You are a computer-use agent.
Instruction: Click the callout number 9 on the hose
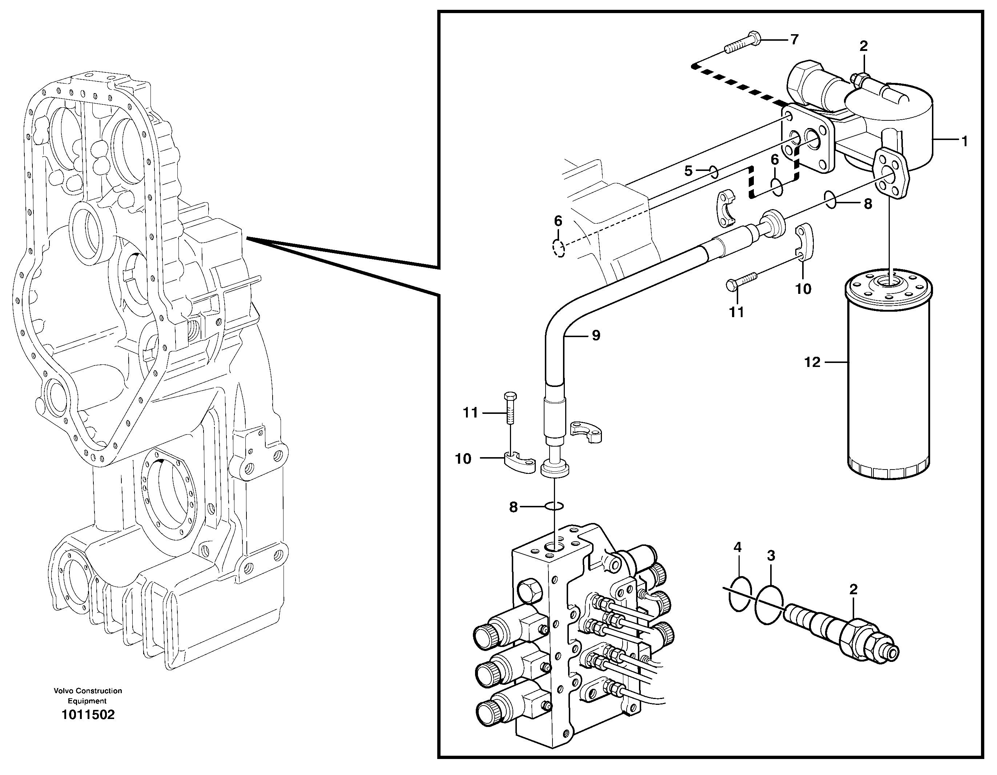click(596, 336)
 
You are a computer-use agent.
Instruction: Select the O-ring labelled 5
click(713, 172)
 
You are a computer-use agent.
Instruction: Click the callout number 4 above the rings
click(738, 547)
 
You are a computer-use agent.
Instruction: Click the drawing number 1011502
click(88, 715)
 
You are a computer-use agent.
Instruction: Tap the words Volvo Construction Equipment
click(88, 696)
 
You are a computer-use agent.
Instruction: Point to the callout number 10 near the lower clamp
click(463, 459)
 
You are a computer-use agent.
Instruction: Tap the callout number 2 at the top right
click(863, 46)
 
